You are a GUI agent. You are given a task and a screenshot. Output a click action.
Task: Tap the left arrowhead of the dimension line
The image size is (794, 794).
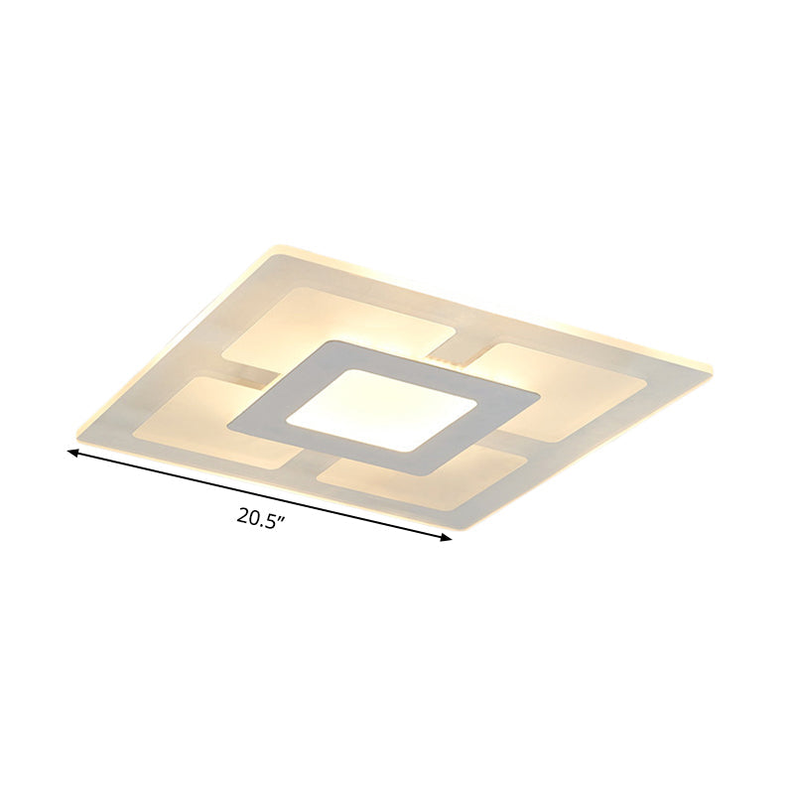click(72, 453)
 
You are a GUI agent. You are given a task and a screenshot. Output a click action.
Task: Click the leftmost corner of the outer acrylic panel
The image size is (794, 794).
click(75, 433)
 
